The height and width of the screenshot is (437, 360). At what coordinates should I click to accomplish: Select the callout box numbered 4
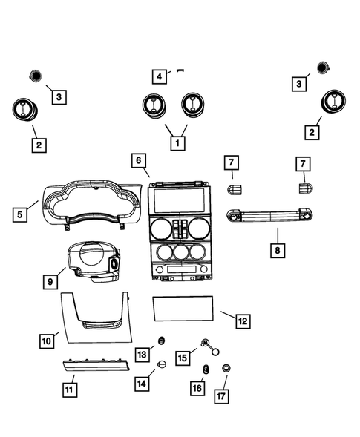(x=159, y=76)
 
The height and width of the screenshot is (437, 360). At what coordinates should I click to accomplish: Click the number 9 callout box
(x=50, y=282)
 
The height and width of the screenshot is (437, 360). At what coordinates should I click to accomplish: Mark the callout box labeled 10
(x=46, y=341)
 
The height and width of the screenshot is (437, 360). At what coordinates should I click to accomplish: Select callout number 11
(x=69, y=387)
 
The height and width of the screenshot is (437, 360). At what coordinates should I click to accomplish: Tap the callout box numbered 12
(x=242, y=321)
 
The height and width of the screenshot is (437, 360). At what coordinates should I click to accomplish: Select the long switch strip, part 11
(x=96, y=366)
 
